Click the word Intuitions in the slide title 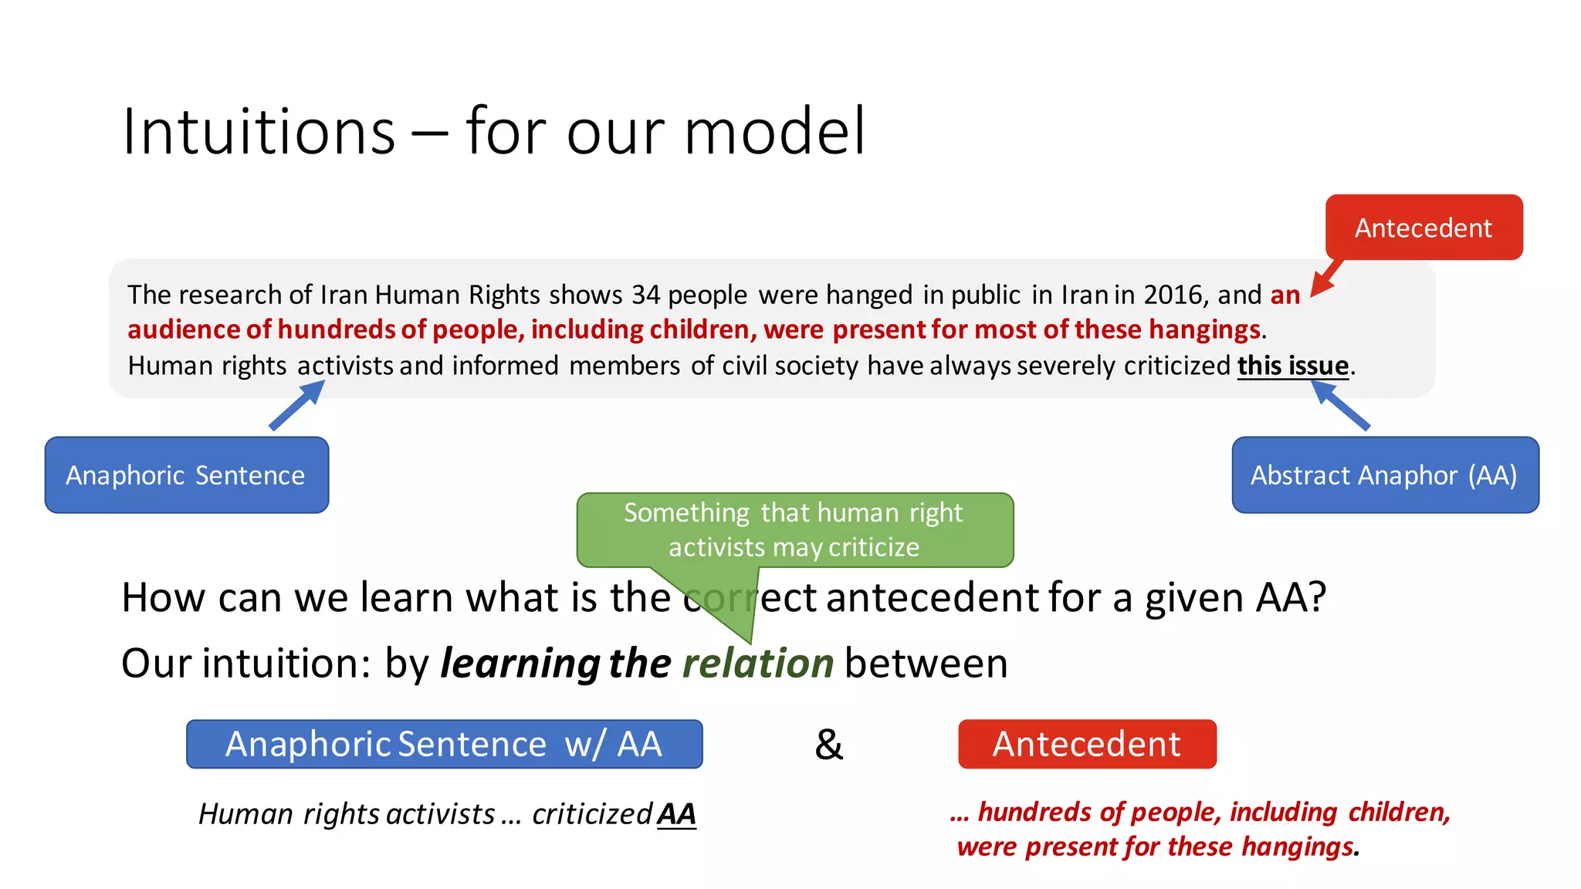click(259, 131)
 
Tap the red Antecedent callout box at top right click(1424, 228)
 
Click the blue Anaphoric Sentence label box click(186, 475)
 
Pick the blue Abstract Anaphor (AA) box click(1385, 475)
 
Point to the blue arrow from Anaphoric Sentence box click(298, 404)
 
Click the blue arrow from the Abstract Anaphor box click(1341, 404)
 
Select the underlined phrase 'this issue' click(1293, 366)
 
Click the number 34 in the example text click(645, 295)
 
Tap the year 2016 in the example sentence click(1173, 295)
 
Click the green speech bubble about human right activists click(794, 530)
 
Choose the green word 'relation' click(758, 664)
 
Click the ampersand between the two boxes click(829, 745)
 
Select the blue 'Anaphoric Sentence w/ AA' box click(444, 744)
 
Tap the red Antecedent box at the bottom click(1087, 744)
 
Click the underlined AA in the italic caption click(676, 814)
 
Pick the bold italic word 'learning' click(520, 664)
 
